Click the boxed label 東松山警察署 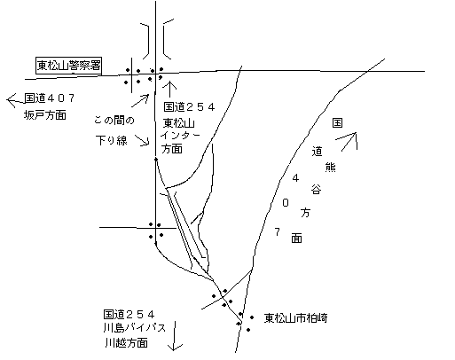click(x=68, y=66)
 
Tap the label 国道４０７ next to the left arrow click(x=50, y=98)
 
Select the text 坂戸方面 click(x=45, y=114)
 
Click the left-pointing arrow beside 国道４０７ click(x=15, y=100)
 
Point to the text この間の click(x=114, y=121)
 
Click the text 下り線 click(x=112, y=140)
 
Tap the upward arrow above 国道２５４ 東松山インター click(x=170, y=89)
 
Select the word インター click(x=180, y=136)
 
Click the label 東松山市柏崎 click(x=295, y=318)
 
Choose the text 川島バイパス click(x=135, y=328)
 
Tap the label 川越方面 click(x=126, y=343)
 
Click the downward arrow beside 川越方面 click(x=175, y=336)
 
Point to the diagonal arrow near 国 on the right click(x=347, y=141)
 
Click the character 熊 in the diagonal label click(x=330, y=168)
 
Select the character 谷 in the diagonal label click(x=316, y=189)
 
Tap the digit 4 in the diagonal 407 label click(x=295, y=178)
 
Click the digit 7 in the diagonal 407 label click(x=277, y=232)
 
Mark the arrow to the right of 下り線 click(x=142, y=140)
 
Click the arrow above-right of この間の click(x=140, y=100)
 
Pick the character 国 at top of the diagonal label click(x=337, y=122)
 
